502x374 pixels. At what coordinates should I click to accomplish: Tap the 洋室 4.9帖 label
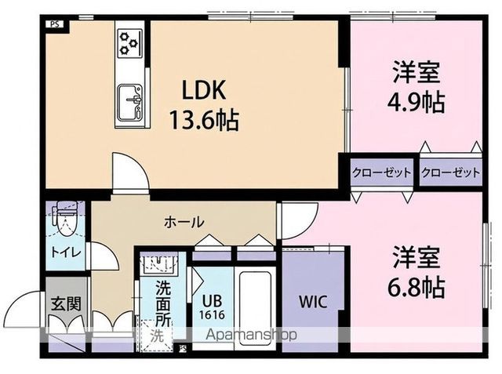(x=417, y=86)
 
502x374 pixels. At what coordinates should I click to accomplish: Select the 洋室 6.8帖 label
(x=417, y=271)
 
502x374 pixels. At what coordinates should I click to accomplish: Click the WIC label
(x=313, y=301)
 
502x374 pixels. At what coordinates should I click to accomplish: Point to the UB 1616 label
(x=212, y=307)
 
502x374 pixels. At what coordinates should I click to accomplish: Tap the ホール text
(x=184, y=222)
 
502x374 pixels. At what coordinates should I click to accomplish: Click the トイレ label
(x=66, y=252)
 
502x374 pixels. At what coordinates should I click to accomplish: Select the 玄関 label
(x=66, y=303)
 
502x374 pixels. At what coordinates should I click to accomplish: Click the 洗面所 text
(x=163, y=303)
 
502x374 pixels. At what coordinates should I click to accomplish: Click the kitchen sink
(x=129, y=102)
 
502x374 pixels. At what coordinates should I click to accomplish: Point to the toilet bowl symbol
(x=66, y=220)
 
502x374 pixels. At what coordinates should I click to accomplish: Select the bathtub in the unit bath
(x=255, y=308)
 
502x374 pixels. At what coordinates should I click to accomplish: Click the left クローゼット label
(x=381, y=172)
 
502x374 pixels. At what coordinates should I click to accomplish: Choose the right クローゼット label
(x=450, y=172)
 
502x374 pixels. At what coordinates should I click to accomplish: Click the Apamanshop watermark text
(x=251, y=335)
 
